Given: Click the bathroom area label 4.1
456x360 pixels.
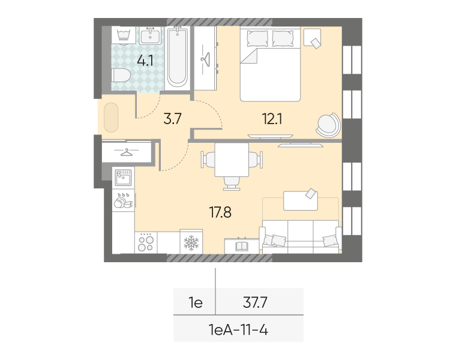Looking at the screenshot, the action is [x=145, y=61].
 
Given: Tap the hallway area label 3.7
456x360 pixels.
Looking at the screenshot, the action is [x=172, y=119].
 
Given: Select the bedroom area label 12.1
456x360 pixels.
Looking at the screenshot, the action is [x=272, y=119].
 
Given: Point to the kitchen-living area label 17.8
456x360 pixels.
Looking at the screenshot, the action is [x=220, y=212].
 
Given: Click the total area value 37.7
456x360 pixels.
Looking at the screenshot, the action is [x=255, y=303].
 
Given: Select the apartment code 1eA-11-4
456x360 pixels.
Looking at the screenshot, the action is [x=238, y=330].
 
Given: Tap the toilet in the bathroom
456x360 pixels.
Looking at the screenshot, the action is [x=121, y=76].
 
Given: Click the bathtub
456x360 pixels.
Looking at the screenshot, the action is [x=177, y=57].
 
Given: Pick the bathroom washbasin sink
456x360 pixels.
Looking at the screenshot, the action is [x=150, y=35].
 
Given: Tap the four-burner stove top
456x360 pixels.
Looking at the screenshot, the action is [x=146, y=242].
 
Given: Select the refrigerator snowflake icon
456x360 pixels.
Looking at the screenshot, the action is [x=191, y=243].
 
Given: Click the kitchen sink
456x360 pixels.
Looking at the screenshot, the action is [x=124, y=178].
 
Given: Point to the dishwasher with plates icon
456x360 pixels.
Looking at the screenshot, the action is [x=124, y=200].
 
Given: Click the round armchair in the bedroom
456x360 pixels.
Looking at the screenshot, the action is [x=328, y=125].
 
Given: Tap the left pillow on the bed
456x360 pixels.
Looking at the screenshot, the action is [x=257, y=38].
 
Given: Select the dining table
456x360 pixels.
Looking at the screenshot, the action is [x=232, y=160].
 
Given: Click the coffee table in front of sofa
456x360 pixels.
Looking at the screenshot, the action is [x=301, y=200].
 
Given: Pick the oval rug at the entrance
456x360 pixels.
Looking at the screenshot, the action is [x=111, y=117].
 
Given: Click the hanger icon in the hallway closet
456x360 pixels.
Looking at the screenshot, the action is [x=127, y=152].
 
